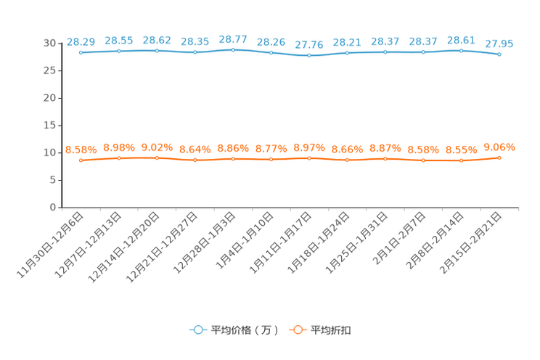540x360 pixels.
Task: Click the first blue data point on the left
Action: tap(81, 53)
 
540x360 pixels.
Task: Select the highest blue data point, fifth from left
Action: tap(233, 50)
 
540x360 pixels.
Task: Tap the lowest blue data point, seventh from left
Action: tap(309, 56)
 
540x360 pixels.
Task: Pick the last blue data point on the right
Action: tap(499, 54)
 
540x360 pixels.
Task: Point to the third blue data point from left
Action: tap(157, 51)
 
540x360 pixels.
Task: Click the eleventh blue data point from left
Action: tap(462, 51)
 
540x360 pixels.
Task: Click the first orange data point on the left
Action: tap(81, 160)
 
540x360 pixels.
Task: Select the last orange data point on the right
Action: tap(499, 157)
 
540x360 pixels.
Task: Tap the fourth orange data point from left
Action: tap(195, 160)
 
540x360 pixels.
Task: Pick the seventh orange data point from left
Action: tap(309, 157)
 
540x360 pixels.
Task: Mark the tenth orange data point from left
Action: tap(423, 160)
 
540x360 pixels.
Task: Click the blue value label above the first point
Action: tap(81, 41)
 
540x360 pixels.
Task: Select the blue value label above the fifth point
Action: tap(233, 38)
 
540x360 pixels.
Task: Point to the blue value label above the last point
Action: tap(499, 44)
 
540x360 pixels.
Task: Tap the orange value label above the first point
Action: tap(81, 150)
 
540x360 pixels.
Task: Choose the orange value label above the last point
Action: tap(499, 147)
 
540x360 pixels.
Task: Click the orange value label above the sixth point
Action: tap(271, 149)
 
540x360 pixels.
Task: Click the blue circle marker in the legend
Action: tap(197, 330)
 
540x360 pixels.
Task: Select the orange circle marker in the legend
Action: tap(296, 330)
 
